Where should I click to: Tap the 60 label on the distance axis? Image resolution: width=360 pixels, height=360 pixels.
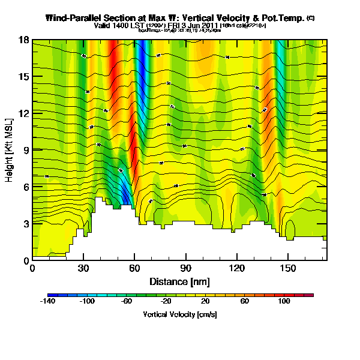click(x=135, y=268)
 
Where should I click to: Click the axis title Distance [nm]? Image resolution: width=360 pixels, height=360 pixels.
click(x=179, y=281)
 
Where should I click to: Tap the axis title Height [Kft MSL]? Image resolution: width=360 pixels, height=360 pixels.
click(x=10, y=150)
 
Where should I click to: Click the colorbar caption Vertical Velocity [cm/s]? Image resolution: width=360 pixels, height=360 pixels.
click(x=179, y=314)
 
